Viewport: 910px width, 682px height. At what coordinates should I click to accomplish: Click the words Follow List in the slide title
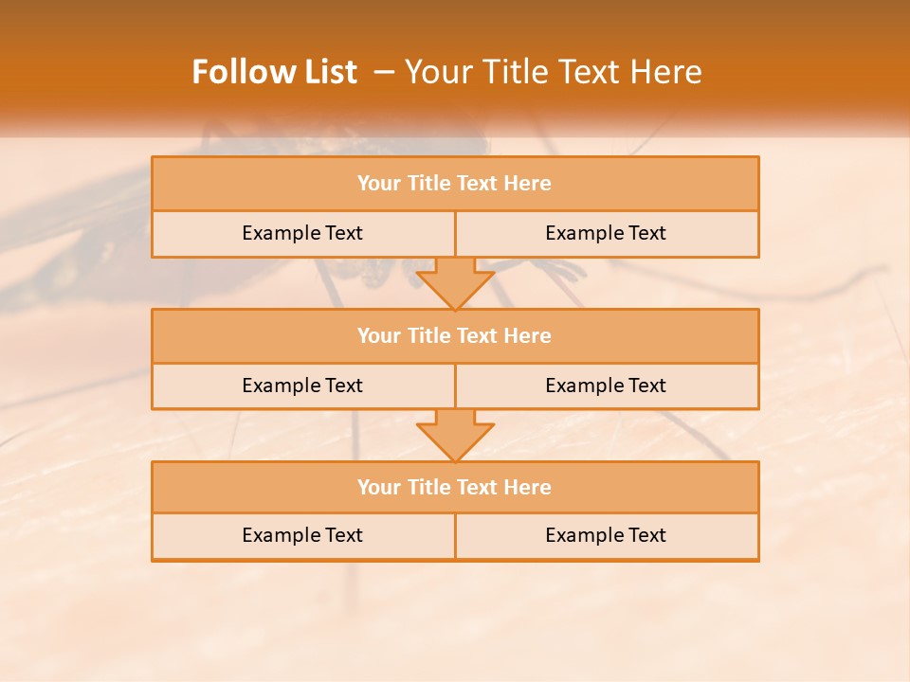coord(274,72)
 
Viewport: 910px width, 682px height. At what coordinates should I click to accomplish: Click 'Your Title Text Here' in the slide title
coord(553,72)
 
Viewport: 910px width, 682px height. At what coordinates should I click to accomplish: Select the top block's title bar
coord(455,183)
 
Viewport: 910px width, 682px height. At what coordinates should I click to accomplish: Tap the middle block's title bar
coord(455,335)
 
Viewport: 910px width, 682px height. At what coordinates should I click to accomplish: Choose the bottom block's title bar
coord(455,487)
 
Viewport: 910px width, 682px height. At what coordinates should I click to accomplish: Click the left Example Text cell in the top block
coord(302,233)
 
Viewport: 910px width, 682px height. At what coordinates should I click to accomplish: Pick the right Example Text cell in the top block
coord(606,233)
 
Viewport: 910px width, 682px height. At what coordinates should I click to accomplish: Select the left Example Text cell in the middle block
coord(302,386)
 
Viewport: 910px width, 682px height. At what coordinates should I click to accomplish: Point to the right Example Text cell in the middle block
coord(606,386)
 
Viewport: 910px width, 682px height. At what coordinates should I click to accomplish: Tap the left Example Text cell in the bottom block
coord(302,535)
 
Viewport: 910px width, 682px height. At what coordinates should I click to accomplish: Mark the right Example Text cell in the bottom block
coord(606,535)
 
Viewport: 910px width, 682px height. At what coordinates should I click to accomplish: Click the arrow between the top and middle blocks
coord(455,282)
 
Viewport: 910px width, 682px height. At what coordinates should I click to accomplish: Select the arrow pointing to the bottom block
coord(455,434)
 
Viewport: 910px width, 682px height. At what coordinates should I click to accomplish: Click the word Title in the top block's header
coord(428,183)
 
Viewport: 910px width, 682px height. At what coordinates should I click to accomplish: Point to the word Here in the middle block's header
coord(527,335)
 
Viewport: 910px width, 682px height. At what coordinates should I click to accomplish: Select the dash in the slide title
coord(384,72)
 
